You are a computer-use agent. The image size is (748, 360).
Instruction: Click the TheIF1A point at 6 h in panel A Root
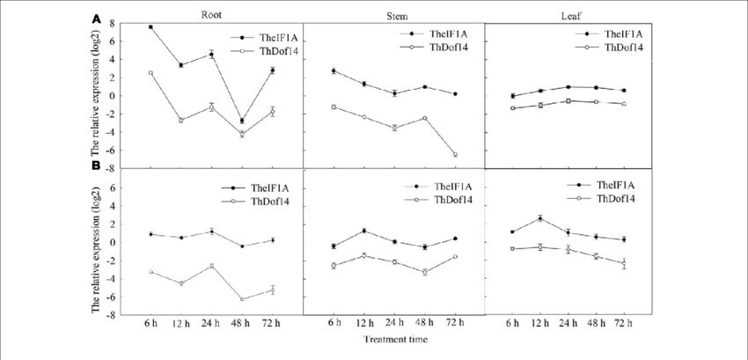point(150,27)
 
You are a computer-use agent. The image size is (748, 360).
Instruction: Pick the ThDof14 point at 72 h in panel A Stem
point(455,154)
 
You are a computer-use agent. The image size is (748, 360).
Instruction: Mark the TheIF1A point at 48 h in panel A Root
point(242,121)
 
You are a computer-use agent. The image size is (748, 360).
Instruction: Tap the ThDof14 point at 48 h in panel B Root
point(242,299)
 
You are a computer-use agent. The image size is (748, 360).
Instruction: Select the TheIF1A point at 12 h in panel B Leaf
point(539,218)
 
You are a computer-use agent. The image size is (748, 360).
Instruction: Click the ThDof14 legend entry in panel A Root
point(265,52)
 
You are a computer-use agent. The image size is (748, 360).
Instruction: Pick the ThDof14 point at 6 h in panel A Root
point(150,73)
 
